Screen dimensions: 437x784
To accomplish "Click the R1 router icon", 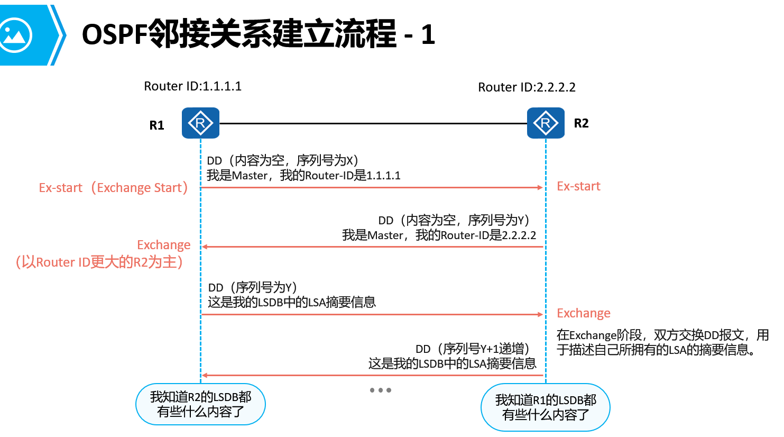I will [x=200, y=123].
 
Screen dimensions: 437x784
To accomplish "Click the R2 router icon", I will [x=546, y=123].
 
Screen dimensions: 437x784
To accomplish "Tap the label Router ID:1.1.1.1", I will [x=192, y=86].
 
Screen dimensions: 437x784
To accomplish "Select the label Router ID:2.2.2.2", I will [x=527, y=87].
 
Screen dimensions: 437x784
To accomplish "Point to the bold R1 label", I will [x=156, y=125].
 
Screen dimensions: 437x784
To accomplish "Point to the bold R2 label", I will [x=581, y=123].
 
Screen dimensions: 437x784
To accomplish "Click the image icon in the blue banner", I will [x=15, y=35].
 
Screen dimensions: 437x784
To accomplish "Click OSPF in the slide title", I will [x=114, y=35].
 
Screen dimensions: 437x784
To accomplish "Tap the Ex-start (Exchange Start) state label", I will [x=114, y=188].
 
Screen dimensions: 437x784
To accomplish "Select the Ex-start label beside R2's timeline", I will [x=578, y=186].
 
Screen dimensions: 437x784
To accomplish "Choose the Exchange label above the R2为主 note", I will [x=163, y=245].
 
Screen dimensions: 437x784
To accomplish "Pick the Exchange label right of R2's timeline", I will [x=583, y=313].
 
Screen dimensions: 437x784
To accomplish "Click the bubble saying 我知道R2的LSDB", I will [x=200, y=404].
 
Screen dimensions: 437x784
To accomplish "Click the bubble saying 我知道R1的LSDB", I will [x=545, y=407].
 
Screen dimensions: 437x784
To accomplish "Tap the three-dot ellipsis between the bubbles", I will [x=380, y=390].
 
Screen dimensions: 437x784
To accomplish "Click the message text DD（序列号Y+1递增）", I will [x=472, y=349].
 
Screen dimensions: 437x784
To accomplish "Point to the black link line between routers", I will [x=373, y=124].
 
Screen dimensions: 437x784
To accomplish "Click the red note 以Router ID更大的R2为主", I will [x=99, y=262].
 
